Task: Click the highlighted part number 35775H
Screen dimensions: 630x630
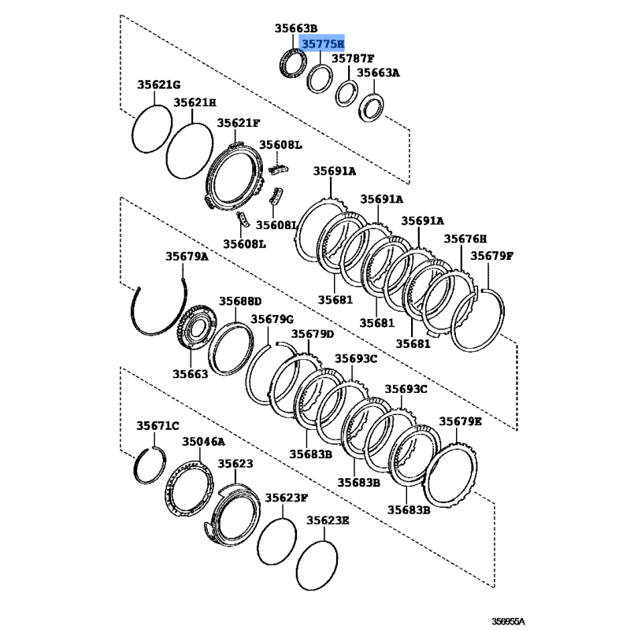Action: tap(323, 43)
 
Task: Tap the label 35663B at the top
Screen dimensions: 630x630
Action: tap(296, 28)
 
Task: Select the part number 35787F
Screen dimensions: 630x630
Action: tap(353, 58)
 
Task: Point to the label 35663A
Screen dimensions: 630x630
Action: tap(379, 72)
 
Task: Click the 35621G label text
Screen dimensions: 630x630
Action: tap(159, 85)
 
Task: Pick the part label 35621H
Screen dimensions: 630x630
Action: tap(195, 103)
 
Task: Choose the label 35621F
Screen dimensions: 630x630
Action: tap(239, 123)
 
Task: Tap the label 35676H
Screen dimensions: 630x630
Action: tap(465, 239)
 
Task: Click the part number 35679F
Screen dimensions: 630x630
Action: tap(492, 256)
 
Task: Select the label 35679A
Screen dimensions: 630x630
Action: tap(187, 257)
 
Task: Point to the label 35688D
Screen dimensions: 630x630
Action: tap(240, 302)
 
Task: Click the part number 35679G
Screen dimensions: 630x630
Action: tap(272, 320)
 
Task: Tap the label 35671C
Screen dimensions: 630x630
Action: tap(158, 425)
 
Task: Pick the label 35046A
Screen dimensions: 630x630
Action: tap(204, 442)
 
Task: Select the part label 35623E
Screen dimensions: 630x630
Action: tap(328, 521)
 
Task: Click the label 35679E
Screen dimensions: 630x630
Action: tap(460, 421)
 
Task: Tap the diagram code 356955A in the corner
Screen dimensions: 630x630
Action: tap(509, 621)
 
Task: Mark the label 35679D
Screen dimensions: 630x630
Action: tap(313, 334)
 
